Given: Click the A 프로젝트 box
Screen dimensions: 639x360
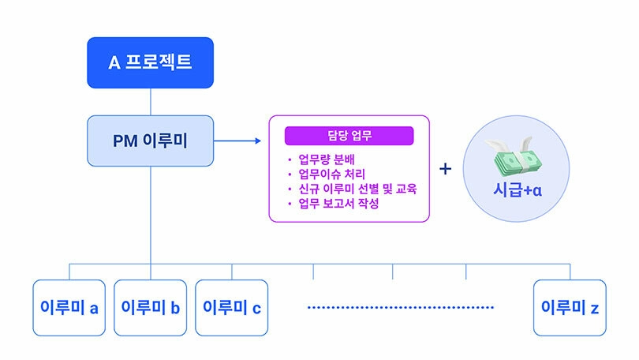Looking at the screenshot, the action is (151, 63).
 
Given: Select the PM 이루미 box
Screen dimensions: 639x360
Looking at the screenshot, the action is (151, 141).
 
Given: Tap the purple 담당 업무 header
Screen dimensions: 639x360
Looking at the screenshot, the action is (349, 136).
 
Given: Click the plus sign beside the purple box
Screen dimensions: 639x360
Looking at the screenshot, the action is (446, 169).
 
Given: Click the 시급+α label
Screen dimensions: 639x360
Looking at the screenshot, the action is (518, 190).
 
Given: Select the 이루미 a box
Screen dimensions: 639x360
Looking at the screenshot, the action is (69, 308).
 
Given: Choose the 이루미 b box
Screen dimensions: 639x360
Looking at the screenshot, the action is (151, 308).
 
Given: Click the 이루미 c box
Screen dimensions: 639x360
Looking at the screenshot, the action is (231, 308).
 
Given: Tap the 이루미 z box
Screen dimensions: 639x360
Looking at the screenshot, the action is (570, 308).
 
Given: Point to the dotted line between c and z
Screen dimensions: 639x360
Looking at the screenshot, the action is (401, 307).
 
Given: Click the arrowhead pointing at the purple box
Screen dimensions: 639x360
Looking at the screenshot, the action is (258, 141).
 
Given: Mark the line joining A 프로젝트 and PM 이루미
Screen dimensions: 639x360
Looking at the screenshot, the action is (151, 102).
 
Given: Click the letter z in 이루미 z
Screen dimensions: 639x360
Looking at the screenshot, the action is (595, 309).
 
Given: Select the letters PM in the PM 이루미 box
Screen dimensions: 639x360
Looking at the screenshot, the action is (125, 141).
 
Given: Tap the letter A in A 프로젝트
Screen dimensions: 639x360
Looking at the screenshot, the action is (114, 63).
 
